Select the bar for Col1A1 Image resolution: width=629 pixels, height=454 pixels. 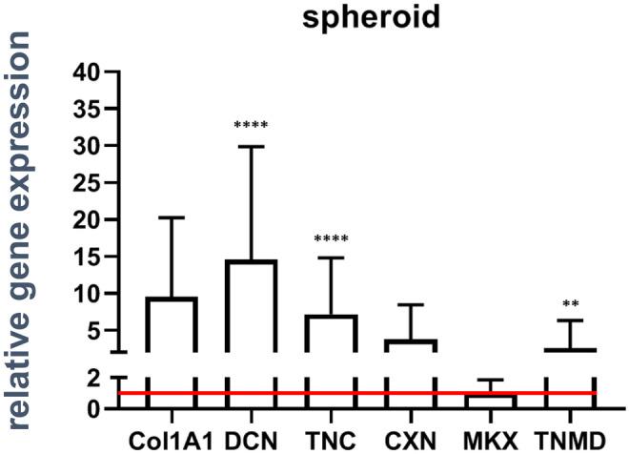point(172,324)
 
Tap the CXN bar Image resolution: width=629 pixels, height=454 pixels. point(411,345)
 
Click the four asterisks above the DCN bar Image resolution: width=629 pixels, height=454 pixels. point(252,126)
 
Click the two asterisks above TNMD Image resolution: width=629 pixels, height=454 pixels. point(571,304)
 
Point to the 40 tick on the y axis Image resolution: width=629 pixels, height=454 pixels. point(89,72)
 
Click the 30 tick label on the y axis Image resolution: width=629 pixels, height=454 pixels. point(89,146)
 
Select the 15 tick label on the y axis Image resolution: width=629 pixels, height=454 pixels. point(89,257)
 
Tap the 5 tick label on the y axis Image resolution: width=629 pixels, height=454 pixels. point(94,331)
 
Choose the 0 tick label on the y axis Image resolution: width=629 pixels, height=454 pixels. point(94,409)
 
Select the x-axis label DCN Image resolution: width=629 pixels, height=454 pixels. point(252,441)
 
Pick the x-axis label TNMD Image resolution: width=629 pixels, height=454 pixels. point(571,441)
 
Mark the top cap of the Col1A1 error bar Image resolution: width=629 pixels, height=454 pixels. point(172,217)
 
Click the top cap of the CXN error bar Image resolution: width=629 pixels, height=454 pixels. point(411,304)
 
